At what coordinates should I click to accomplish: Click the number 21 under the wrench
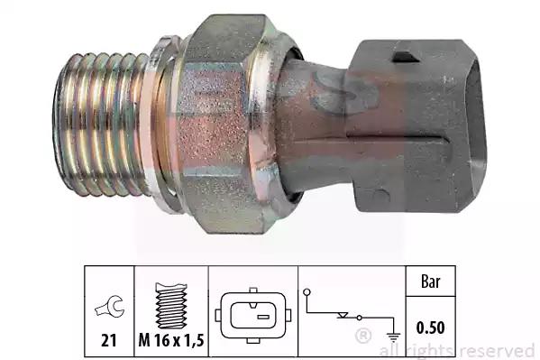108,340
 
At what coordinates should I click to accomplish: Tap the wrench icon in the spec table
109,306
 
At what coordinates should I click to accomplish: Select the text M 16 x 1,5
171,340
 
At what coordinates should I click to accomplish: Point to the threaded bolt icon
171,306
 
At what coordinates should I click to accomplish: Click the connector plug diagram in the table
253,316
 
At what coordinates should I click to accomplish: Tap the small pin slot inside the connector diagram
263,317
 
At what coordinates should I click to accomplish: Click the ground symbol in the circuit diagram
393,336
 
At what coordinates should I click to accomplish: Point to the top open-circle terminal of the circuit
307,292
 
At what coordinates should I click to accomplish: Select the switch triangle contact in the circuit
343,315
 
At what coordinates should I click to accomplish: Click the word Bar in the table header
431,282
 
